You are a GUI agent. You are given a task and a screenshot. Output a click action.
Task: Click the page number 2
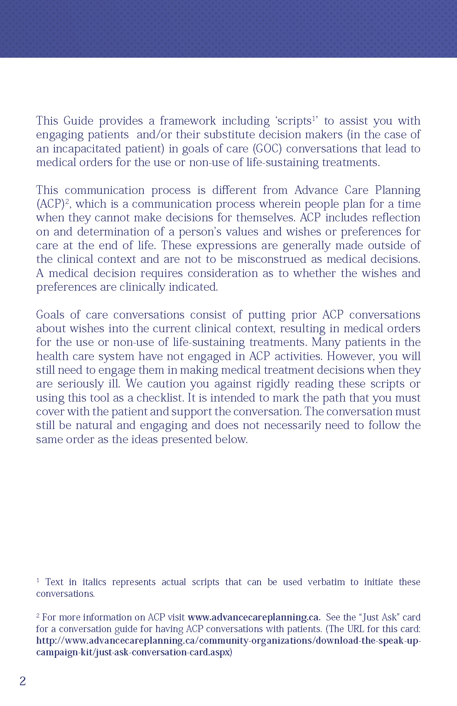point(23,681)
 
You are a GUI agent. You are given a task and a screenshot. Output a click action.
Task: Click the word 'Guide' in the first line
point(79,121)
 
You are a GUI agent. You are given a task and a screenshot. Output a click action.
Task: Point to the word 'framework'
point(187,121)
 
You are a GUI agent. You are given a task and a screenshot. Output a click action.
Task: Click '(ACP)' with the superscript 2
point(52,204)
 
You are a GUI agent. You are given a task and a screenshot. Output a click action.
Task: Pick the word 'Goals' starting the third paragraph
point(50,315)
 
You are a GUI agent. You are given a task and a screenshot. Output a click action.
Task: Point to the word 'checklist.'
point(160,398)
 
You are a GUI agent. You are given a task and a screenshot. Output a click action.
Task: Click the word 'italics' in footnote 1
point(94,582)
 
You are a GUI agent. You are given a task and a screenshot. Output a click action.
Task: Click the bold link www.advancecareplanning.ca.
point(254,618)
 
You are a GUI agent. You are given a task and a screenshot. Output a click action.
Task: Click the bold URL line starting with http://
point(228,641)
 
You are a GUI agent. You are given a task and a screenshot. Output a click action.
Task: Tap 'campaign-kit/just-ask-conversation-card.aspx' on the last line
point(133,652)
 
